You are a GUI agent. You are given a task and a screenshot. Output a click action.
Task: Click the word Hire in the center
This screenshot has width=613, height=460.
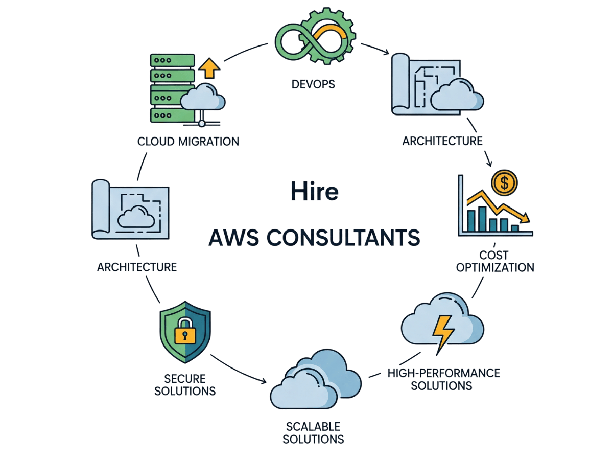pyautogui.click(x=314, y=192)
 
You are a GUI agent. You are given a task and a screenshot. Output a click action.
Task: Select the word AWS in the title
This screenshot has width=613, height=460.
pyautogui.click(x=233, y=238)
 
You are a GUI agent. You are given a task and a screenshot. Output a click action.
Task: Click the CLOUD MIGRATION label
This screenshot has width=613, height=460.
pyautogui.click(x=188, y=141)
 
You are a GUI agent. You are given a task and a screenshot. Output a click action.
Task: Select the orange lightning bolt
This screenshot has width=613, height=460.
pyautogui.click(x=442, y=332)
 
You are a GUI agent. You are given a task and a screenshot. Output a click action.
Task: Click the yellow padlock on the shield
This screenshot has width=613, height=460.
pyautogui.click(x=184, y=333)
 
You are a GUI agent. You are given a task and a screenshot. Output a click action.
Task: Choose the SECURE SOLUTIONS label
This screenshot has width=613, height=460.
pyautogui.click(x=185, y=385)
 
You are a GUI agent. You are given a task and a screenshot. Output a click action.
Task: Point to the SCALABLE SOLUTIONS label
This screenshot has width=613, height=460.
pyautogui.click(x=313, y=433)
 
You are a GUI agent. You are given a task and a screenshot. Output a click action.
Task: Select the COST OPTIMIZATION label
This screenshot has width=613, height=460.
pyautogui.click(x=494, y=261)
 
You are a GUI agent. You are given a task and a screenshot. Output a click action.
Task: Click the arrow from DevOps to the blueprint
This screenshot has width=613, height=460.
pyautogui.click(x=375, y=48)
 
